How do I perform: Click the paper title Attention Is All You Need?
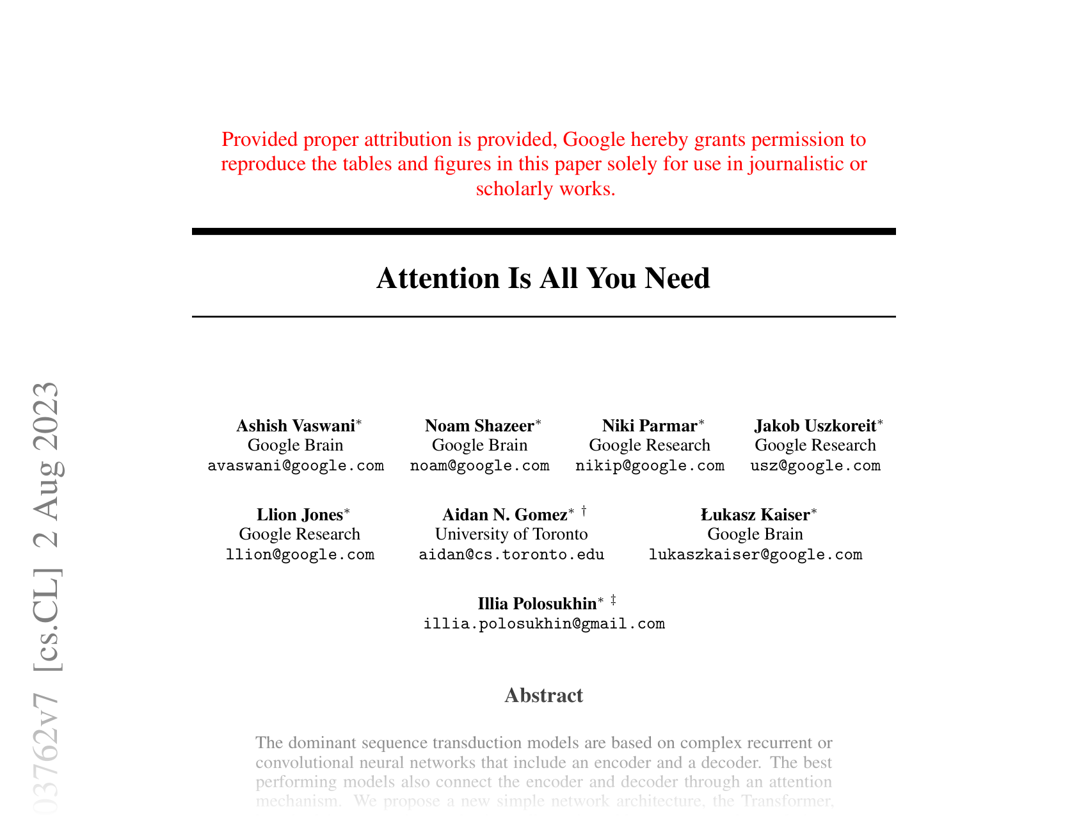coord(543,278)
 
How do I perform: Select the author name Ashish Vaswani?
coord(296,426)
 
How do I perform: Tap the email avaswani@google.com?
coord(296,465)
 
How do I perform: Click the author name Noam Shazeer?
coord(479,426)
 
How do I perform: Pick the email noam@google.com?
coord(479,465)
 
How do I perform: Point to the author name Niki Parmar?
coord(650,426)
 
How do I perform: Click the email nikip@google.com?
coord(650,465)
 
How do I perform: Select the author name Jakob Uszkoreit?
coord(815,426)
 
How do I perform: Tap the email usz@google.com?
coord(815,465)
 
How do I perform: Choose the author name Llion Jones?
coord(300,515)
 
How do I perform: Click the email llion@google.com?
coord(300,554)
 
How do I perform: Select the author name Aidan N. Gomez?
coord(505,515)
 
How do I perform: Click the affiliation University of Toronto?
coord(511,534)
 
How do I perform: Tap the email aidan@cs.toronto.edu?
coord(511,554)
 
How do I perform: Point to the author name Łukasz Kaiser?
coord(755,515)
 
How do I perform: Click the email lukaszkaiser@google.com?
coord(755,554)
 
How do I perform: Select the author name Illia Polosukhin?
coord(537,604)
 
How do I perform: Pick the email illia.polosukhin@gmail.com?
coord(544,623)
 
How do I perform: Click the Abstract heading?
coord(543,695)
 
